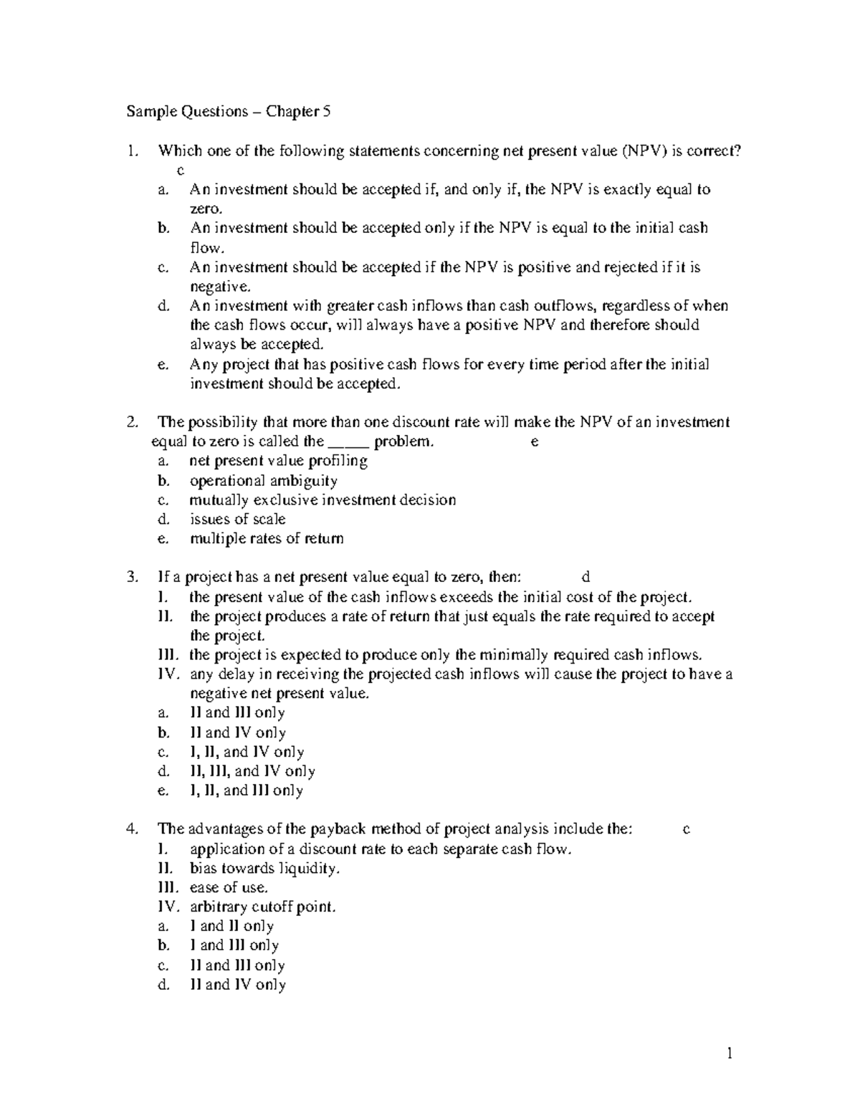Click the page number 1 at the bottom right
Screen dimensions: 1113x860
coord(730,1053)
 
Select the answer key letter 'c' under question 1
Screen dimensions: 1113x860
coord(181,171)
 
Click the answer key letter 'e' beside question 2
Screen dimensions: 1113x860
coord(534,441)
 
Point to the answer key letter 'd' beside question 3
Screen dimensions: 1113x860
coord(586,577)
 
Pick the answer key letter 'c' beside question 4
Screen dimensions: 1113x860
coord(686,829)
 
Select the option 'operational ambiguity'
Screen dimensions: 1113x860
coord(263,480)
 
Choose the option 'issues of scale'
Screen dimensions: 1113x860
coord(237,519)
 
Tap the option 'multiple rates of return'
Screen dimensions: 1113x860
coord(266,538)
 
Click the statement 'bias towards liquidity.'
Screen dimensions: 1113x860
coord(264,868)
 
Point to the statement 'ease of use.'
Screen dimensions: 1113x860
coord(229,887)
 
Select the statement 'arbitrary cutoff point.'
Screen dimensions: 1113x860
coord(262,907)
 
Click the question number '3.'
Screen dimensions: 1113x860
coord(131,577)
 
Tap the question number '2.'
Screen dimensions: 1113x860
coord(131,422)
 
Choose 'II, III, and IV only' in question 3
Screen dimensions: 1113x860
coord(252,771)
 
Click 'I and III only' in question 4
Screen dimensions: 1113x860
coord(234,945)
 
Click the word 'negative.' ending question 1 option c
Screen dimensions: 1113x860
coord(220,287)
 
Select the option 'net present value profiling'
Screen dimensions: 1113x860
coord(278,461)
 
